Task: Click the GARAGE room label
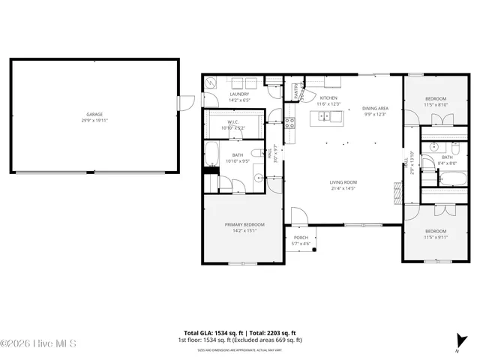94,115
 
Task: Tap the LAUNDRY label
238,94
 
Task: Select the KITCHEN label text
329,98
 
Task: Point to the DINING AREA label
375,108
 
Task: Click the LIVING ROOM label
343,182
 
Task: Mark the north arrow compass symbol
458,340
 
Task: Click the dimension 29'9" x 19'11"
94,120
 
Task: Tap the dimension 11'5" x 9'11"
436,237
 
